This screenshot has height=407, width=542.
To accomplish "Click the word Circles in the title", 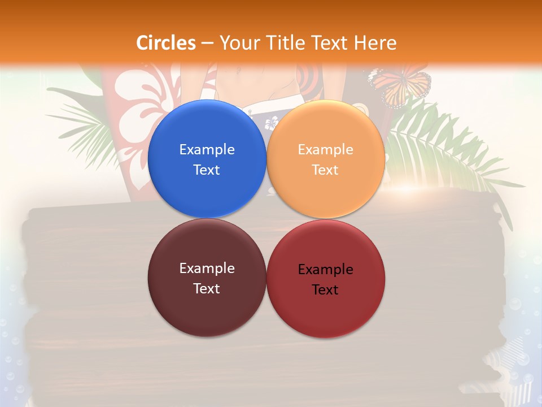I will coord(166,43).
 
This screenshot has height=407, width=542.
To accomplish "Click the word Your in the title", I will coord(238,43).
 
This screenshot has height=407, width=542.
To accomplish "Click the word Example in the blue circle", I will coord(207,149).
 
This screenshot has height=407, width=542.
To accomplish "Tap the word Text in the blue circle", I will coord(207,170).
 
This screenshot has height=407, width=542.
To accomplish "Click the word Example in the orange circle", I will coord(326,149).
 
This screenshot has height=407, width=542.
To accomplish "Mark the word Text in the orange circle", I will coord(326,170).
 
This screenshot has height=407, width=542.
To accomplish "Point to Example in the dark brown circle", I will coord(207,268).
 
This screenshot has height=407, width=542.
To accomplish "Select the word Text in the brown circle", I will coord(207,288).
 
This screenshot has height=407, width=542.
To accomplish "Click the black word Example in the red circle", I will coord(326,269).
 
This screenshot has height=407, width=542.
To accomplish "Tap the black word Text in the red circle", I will coord(326,289).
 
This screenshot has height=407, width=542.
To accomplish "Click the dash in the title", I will coord(207,44).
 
